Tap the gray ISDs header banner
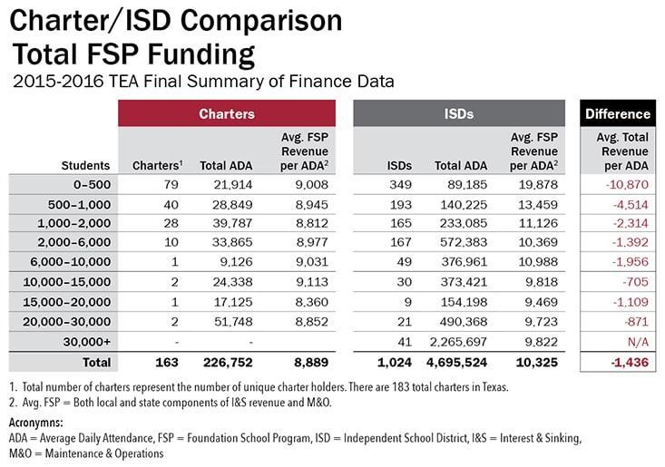[459, 114]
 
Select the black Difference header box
[618, 114]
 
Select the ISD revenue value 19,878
[534, 185]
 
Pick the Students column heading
[86, 166]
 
